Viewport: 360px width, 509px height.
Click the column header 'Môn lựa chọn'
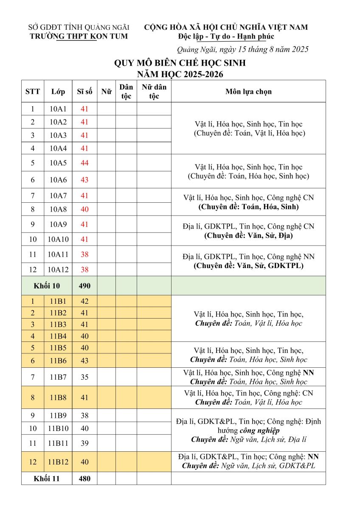tap(248, 92)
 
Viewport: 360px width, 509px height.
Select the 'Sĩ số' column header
tap(84, 92)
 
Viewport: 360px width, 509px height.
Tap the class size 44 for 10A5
tap(84, 163)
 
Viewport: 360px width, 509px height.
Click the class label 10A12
tap(58, 269)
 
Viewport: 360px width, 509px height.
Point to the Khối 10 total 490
tap(84, 286)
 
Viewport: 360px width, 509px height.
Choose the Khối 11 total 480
tap(84, 479)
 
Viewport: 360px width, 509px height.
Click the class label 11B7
tap(58, 377)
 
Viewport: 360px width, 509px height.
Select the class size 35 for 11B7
tap(84, 377)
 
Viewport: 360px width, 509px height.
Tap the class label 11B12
tap(58, 462)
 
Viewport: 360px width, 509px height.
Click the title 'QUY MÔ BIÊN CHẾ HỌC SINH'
tap(180, 64)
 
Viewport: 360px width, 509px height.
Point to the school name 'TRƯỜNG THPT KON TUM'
tap(79, 36)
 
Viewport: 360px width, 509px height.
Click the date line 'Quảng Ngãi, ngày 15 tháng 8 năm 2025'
tap(242, 50)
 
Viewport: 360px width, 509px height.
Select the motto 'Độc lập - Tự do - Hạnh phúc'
tap(226, 36)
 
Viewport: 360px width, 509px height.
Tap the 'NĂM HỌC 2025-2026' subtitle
tap(180, 75)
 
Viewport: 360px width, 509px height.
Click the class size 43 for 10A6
tap(84, 180)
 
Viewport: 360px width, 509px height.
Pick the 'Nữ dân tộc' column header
tap(154, 92)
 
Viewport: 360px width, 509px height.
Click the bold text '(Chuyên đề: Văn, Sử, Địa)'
tap(248, 235)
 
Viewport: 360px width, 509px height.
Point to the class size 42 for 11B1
tap(84, 302)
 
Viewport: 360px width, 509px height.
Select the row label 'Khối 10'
tap(47, 286)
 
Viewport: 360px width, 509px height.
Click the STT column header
tap(33, 92)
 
